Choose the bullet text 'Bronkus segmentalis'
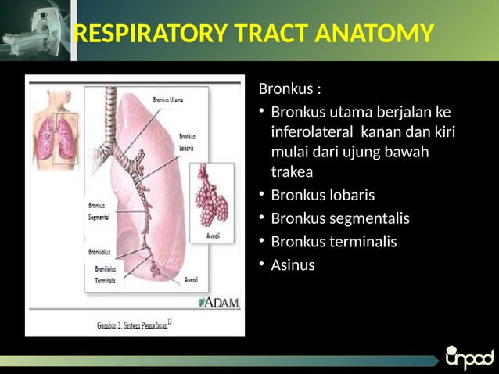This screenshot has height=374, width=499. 340,218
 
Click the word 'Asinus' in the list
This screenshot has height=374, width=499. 293,265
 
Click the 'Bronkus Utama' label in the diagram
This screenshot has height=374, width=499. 168,100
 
